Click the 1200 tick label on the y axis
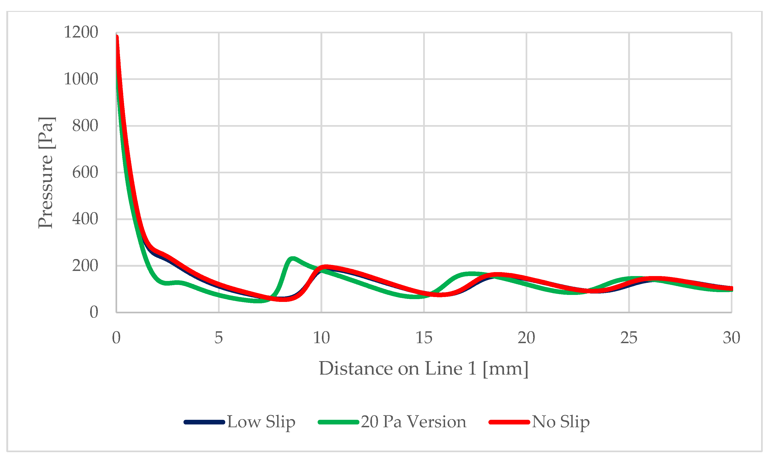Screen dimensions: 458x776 81,32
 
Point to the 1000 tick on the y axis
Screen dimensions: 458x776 81,79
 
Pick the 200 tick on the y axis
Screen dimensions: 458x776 85,266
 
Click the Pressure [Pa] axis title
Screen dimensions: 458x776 46,173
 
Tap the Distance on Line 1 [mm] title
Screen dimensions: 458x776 424,369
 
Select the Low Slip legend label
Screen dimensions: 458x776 261,422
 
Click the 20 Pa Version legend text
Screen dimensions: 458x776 413,422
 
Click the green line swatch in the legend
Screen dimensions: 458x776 338,422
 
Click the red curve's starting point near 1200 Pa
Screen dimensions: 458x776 117,37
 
